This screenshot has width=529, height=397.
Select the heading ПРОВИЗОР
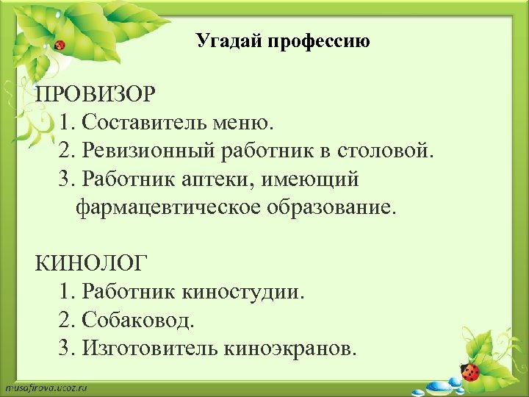[96, 95]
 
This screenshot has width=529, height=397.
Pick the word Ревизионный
[148, 151]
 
